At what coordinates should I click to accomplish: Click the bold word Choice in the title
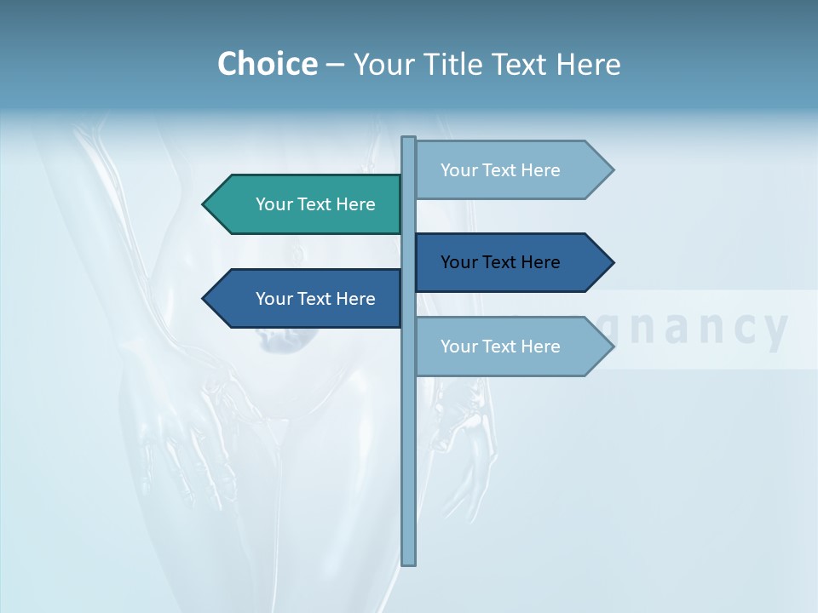267,65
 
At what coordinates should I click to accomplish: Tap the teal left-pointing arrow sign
307,204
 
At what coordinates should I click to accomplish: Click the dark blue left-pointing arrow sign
307,299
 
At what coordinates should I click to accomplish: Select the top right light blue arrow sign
507,170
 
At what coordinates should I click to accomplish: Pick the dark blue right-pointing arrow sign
507,262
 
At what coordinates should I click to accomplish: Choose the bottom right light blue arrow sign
507,347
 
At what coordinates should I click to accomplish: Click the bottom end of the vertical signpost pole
409,561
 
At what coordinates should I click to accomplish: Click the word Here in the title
588,65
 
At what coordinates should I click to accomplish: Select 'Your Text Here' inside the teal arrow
315,204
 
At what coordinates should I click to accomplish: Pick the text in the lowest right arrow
500,347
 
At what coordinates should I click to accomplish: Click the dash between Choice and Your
335,65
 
